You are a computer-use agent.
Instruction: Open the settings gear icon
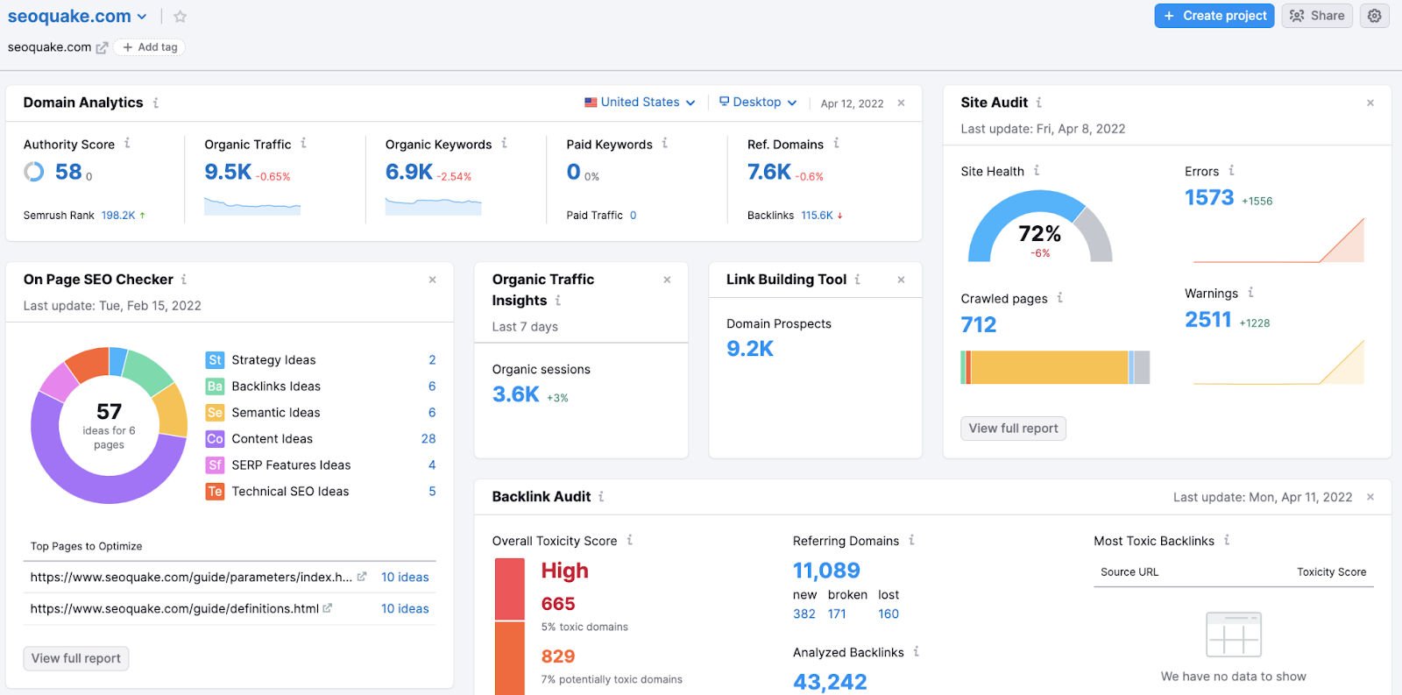click(x=1374, y=16)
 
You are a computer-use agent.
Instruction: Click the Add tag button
click(x=150, y=47)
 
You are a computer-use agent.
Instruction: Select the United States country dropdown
click(x=640, y=103)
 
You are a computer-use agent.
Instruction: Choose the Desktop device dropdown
click(x=758, y=103)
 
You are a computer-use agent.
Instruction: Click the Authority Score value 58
click(x=68, y=172)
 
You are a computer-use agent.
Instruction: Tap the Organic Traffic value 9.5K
click(x=228, y=172)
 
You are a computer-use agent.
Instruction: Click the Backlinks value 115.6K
click(x=817, y=216)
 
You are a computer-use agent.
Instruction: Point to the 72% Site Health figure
click(x=1039, y=234)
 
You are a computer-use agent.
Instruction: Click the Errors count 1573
click(x=1209, y=198)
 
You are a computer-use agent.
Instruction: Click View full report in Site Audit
click(x=1013, y=429)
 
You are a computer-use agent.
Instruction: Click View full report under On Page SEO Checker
click(x=76, y=658)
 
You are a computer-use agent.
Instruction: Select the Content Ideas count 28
click(x=428, y=439)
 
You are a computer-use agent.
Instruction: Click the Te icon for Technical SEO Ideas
click(x=215, y=492)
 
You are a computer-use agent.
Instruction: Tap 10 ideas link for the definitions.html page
click(x=405, y=609)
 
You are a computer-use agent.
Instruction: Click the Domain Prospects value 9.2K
click(x=750, y=349)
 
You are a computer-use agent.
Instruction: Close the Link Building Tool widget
click(x=901, y=280)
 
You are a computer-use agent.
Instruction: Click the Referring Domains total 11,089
click(x=826, y=571)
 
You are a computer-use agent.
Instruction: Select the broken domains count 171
click(x=837, y=614)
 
